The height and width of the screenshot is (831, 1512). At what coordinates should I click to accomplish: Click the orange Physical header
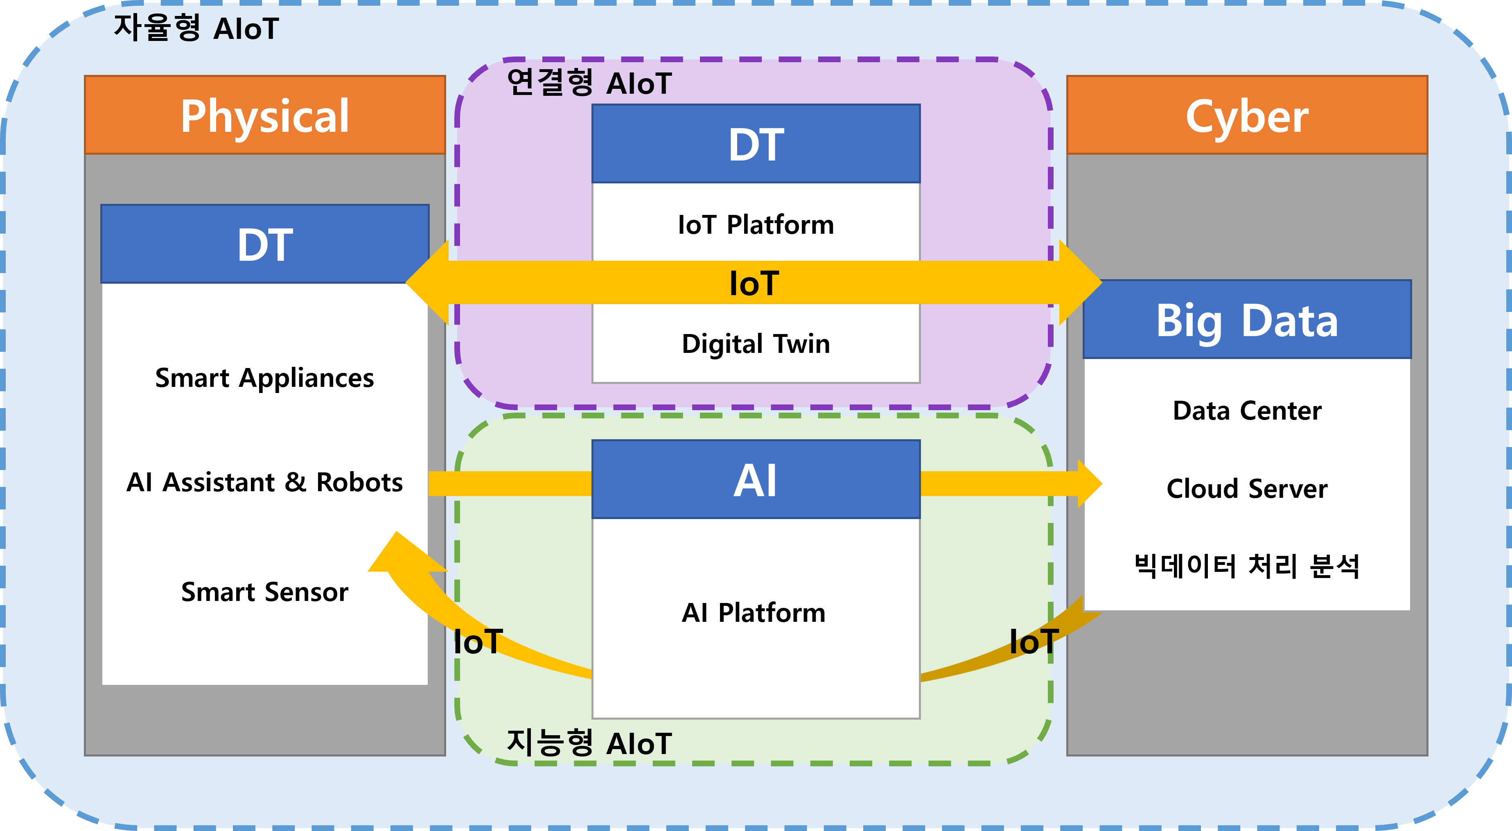[265, 115]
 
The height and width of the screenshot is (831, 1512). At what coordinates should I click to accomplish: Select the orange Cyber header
[1247, 115]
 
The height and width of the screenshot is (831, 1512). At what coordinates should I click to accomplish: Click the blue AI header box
[756, 479]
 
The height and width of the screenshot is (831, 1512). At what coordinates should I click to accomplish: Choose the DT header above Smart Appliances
[265, 244]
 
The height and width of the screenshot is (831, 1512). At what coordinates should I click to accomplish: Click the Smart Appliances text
[265, 378]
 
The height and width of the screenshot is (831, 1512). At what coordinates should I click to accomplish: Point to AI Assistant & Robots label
[265, 482]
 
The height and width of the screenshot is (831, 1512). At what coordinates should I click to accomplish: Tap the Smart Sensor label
[265, 592]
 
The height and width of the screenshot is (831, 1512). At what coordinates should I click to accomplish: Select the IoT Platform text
[756, 225]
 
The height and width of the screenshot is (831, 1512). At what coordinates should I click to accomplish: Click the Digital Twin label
[756, 344]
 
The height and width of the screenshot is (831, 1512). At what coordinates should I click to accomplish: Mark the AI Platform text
[754, 613]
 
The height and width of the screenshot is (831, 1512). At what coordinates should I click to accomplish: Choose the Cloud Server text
[1247, 489]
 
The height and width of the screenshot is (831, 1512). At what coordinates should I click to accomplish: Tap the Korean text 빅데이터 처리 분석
[1247, 566]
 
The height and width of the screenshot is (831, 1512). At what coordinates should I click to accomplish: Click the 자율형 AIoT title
[196, 28]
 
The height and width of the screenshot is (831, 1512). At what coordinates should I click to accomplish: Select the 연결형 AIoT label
[589, 82]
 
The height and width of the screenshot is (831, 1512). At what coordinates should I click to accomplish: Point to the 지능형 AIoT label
[589, 743]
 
